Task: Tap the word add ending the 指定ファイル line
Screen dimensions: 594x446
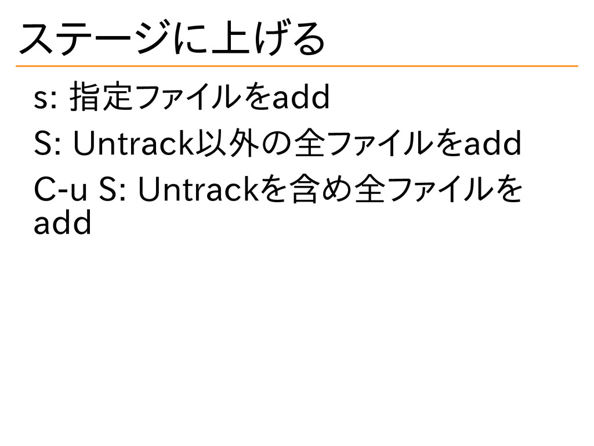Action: [x=300, y=100]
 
